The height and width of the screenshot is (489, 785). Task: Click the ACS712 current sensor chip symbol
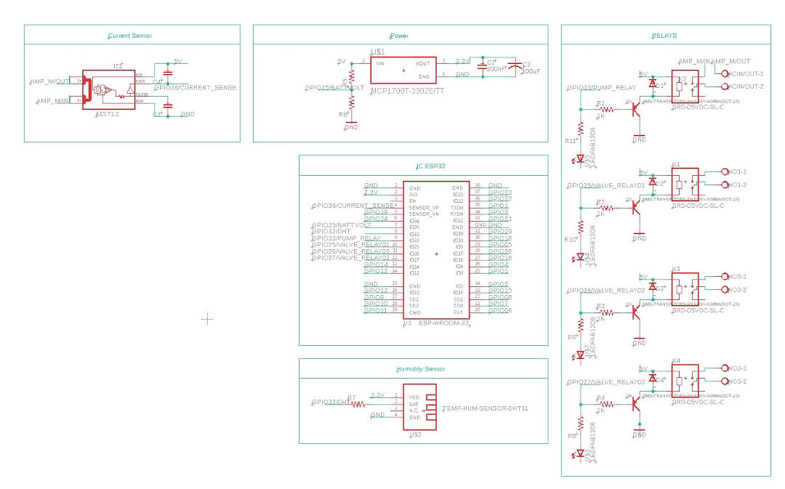pos(109,90)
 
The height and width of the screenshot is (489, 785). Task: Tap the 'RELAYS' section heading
pos(665,35)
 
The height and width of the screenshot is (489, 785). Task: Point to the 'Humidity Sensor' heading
pos(421,369)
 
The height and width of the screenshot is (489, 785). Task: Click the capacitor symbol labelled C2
pos(515,68)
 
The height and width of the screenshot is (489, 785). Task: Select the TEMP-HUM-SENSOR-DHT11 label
pos(485,408)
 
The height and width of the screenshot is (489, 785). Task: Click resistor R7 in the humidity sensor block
pos(358,403)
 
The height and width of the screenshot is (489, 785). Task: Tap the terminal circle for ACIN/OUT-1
pos(724,73)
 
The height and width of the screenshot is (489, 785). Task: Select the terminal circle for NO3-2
pos(724,381)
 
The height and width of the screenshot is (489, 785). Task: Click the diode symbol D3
pos(653,287)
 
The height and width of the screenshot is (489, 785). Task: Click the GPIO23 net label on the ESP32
pos(499,193)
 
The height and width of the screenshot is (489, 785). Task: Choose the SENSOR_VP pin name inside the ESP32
pos(425,207)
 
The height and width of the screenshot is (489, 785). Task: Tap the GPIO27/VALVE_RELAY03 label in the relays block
pos(606,381)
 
